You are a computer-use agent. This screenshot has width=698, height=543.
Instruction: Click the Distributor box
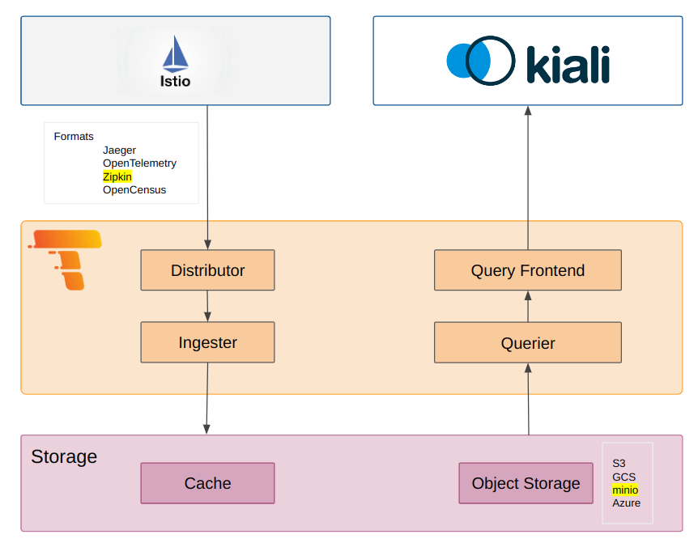click(207, 270)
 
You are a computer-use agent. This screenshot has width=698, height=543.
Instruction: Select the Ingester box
click(207, 342)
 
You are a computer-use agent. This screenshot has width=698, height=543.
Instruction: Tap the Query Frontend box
click(527, 270)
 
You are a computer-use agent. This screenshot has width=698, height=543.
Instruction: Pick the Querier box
click(527, 342)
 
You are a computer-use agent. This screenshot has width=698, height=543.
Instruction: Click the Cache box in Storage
click(207, 483)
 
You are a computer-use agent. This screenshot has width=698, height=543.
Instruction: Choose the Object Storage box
click(526, 483)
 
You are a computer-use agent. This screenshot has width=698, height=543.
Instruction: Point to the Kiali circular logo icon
click(480, 60)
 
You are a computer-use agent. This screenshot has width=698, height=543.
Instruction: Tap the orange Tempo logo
click(68, 258)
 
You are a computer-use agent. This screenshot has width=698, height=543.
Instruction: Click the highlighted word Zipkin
click(117, 176)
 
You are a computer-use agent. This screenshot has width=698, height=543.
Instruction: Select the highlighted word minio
click(624, 490)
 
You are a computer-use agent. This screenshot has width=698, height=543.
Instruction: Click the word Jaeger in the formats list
click(119, 151)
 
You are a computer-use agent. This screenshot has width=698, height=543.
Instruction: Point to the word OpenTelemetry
click(139, 163)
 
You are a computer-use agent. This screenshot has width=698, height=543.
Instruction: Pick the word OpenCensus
click(134, 190)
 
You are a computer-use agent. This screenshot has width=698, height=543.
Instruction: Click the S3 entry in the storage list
click(619, 464)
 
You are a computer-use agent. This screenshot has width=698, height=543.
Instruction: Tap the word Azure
click(626, 503)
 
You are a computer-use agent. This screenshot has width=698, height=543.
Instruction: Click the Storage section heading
click(64, 456)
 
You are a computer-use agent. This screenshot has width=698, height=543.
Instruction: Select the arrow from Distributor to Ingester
click(207, 306)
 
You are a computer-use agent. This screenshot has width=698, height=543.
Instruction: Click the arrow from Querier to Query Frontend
click(527, 306)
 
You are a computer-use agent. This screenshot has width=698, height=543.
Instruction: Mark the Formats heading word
click(74, 137)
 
